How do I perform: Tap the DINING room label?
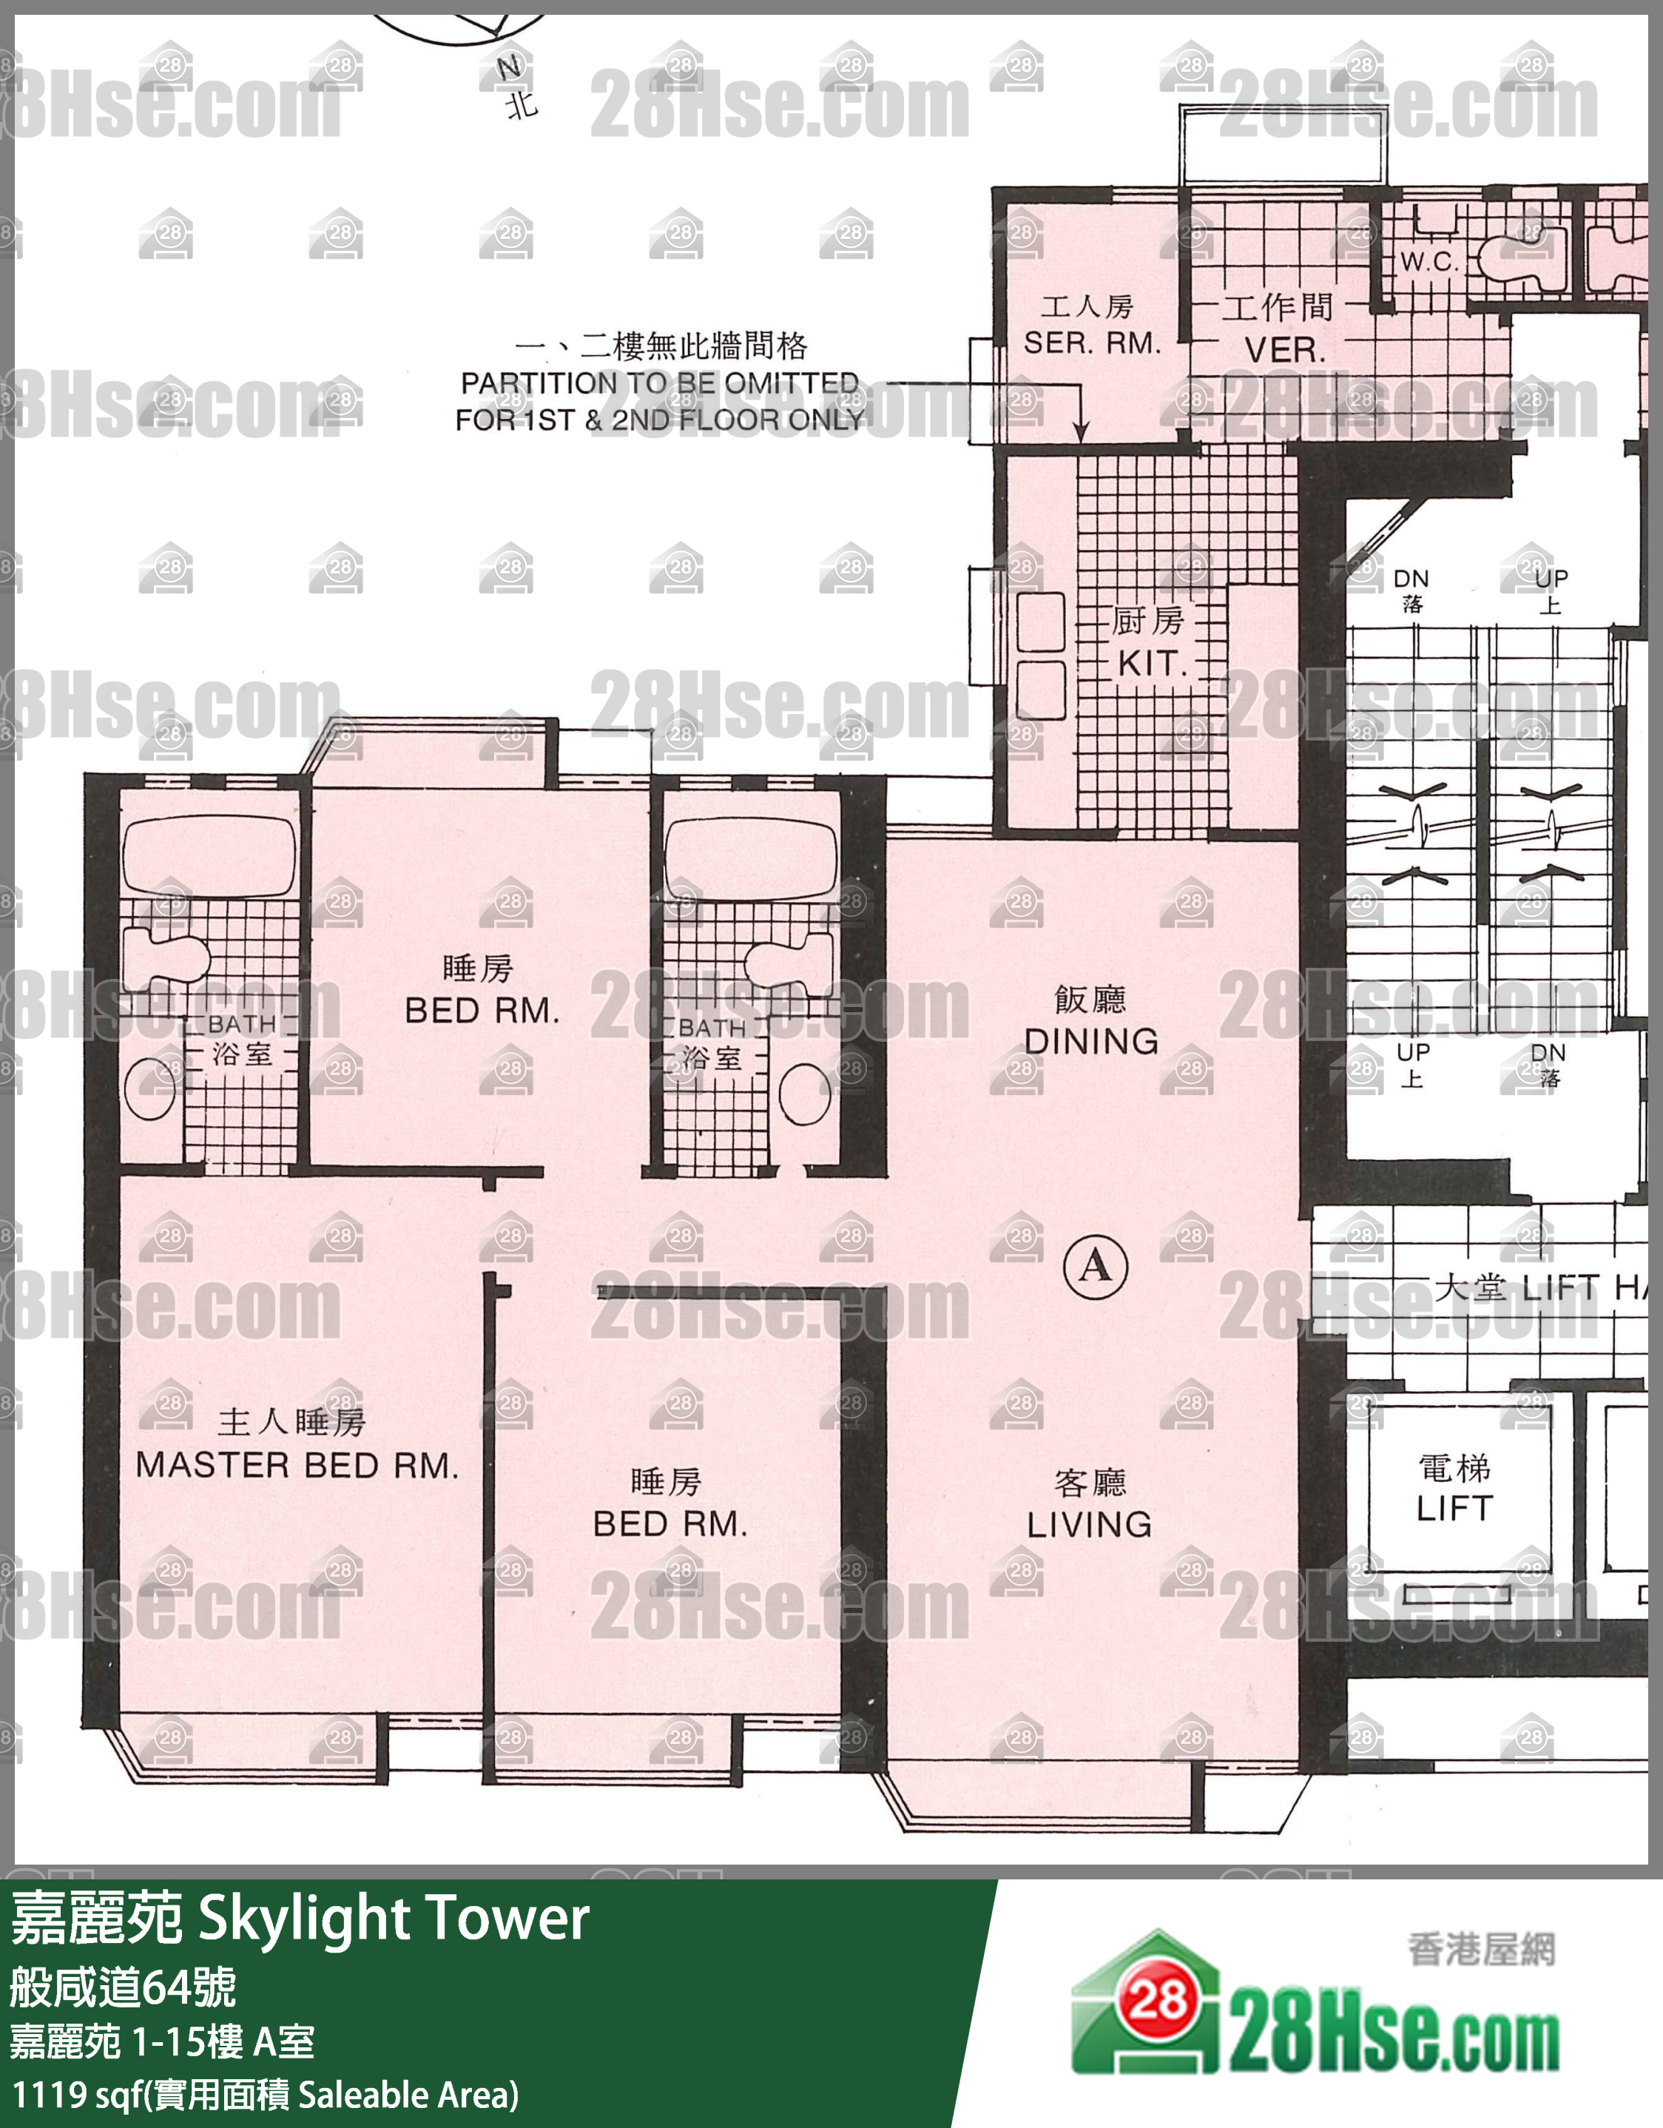pos(1091,1042)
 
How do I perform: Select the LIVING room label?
pos(1089,1525)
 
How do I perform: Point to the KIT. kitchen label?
pos(1153,664)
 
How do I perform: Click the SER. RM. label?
pos(1092,343)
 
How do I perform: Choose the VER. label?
pos(1285,350)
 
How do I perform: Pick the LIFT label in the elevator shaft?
pos(1454,1508)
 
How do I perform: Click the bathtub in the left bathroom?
pos(209,855)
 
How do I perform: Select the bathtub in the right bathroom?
pos(750,858)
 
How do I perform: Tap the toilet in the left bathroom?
pos(166,959)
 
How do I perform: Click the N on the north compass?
pos(508,67)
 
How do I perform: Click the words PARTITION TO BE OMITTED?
pos(660,383)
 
